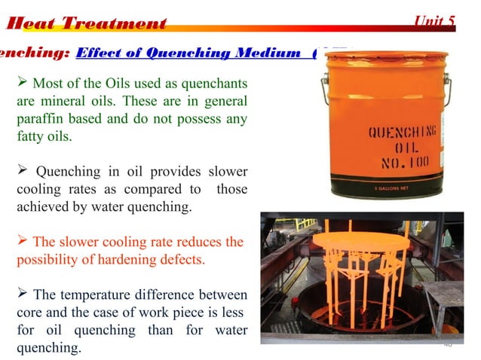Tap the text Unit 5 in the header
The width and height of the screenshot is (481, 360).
coord(435,20)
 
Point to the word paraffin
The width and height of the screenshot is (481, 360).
coord(41,119)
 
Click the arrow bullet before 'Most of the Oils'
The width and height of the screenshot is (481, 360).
coord(23,81)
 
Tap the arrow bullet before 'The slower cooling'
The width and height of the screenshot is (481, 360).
coord(23,242)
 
